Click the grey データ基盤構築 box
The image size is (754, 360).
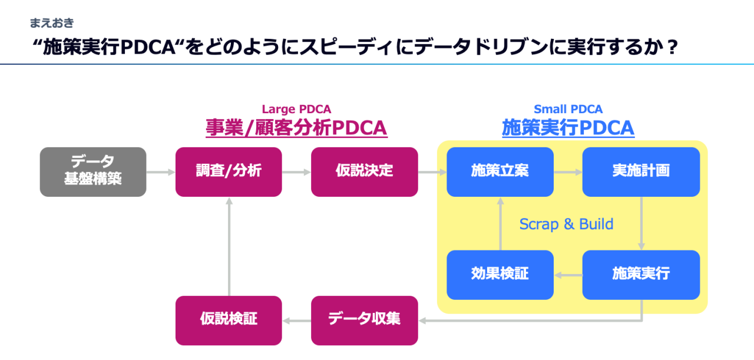(x=93, y=171)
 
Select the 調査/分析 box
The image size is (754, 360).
(x=229, y=171)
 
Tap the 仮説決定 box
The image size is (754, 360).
(x=364, y=171)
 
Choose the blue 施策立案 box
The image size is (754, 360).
(x=500, y=171)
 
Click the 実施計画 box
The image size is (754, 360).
(x=641, y=171)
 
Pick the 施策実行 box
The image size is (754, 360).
(x=641, y=275)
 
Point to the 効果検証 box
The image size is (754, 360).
(x=500, y=275)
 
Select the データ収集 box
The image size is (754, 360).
(x=364, y=320)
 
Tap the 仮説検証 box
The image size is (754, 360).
(x=229, y=320)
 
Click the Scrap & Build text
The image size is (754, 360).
(x=566, y=224)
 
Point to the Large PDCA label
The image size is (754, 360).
(x=296, y=109)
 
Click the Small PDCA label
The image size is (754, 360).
(x=568, y=109)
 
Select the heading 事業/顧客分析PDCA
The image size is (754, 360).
(x=296, y=127)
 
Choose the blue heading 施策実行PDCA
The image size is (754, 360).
(x=568, y=127)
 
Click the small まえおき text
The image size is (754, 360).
(x=52, y=24)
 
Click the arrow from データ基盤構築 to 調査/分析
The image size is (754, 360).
(x=161, y=172)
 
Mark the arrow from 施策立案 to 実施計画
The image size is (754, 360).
(x=568, y=172)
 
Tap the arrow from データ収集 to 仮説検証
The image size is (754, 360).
(x=296, y=321)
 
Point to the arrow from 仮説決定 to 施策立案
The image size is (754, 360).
(x=432, y=172)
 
